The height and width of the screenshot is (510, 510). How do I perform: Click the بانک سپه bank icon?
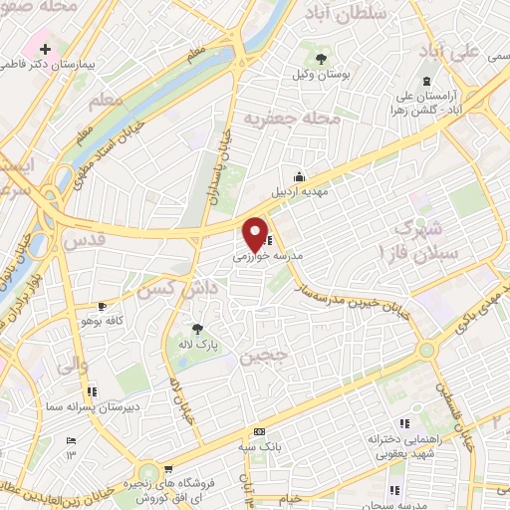260,432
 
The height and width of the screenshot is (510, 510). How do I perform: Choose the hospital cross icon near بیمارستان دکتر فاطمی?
45,47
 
